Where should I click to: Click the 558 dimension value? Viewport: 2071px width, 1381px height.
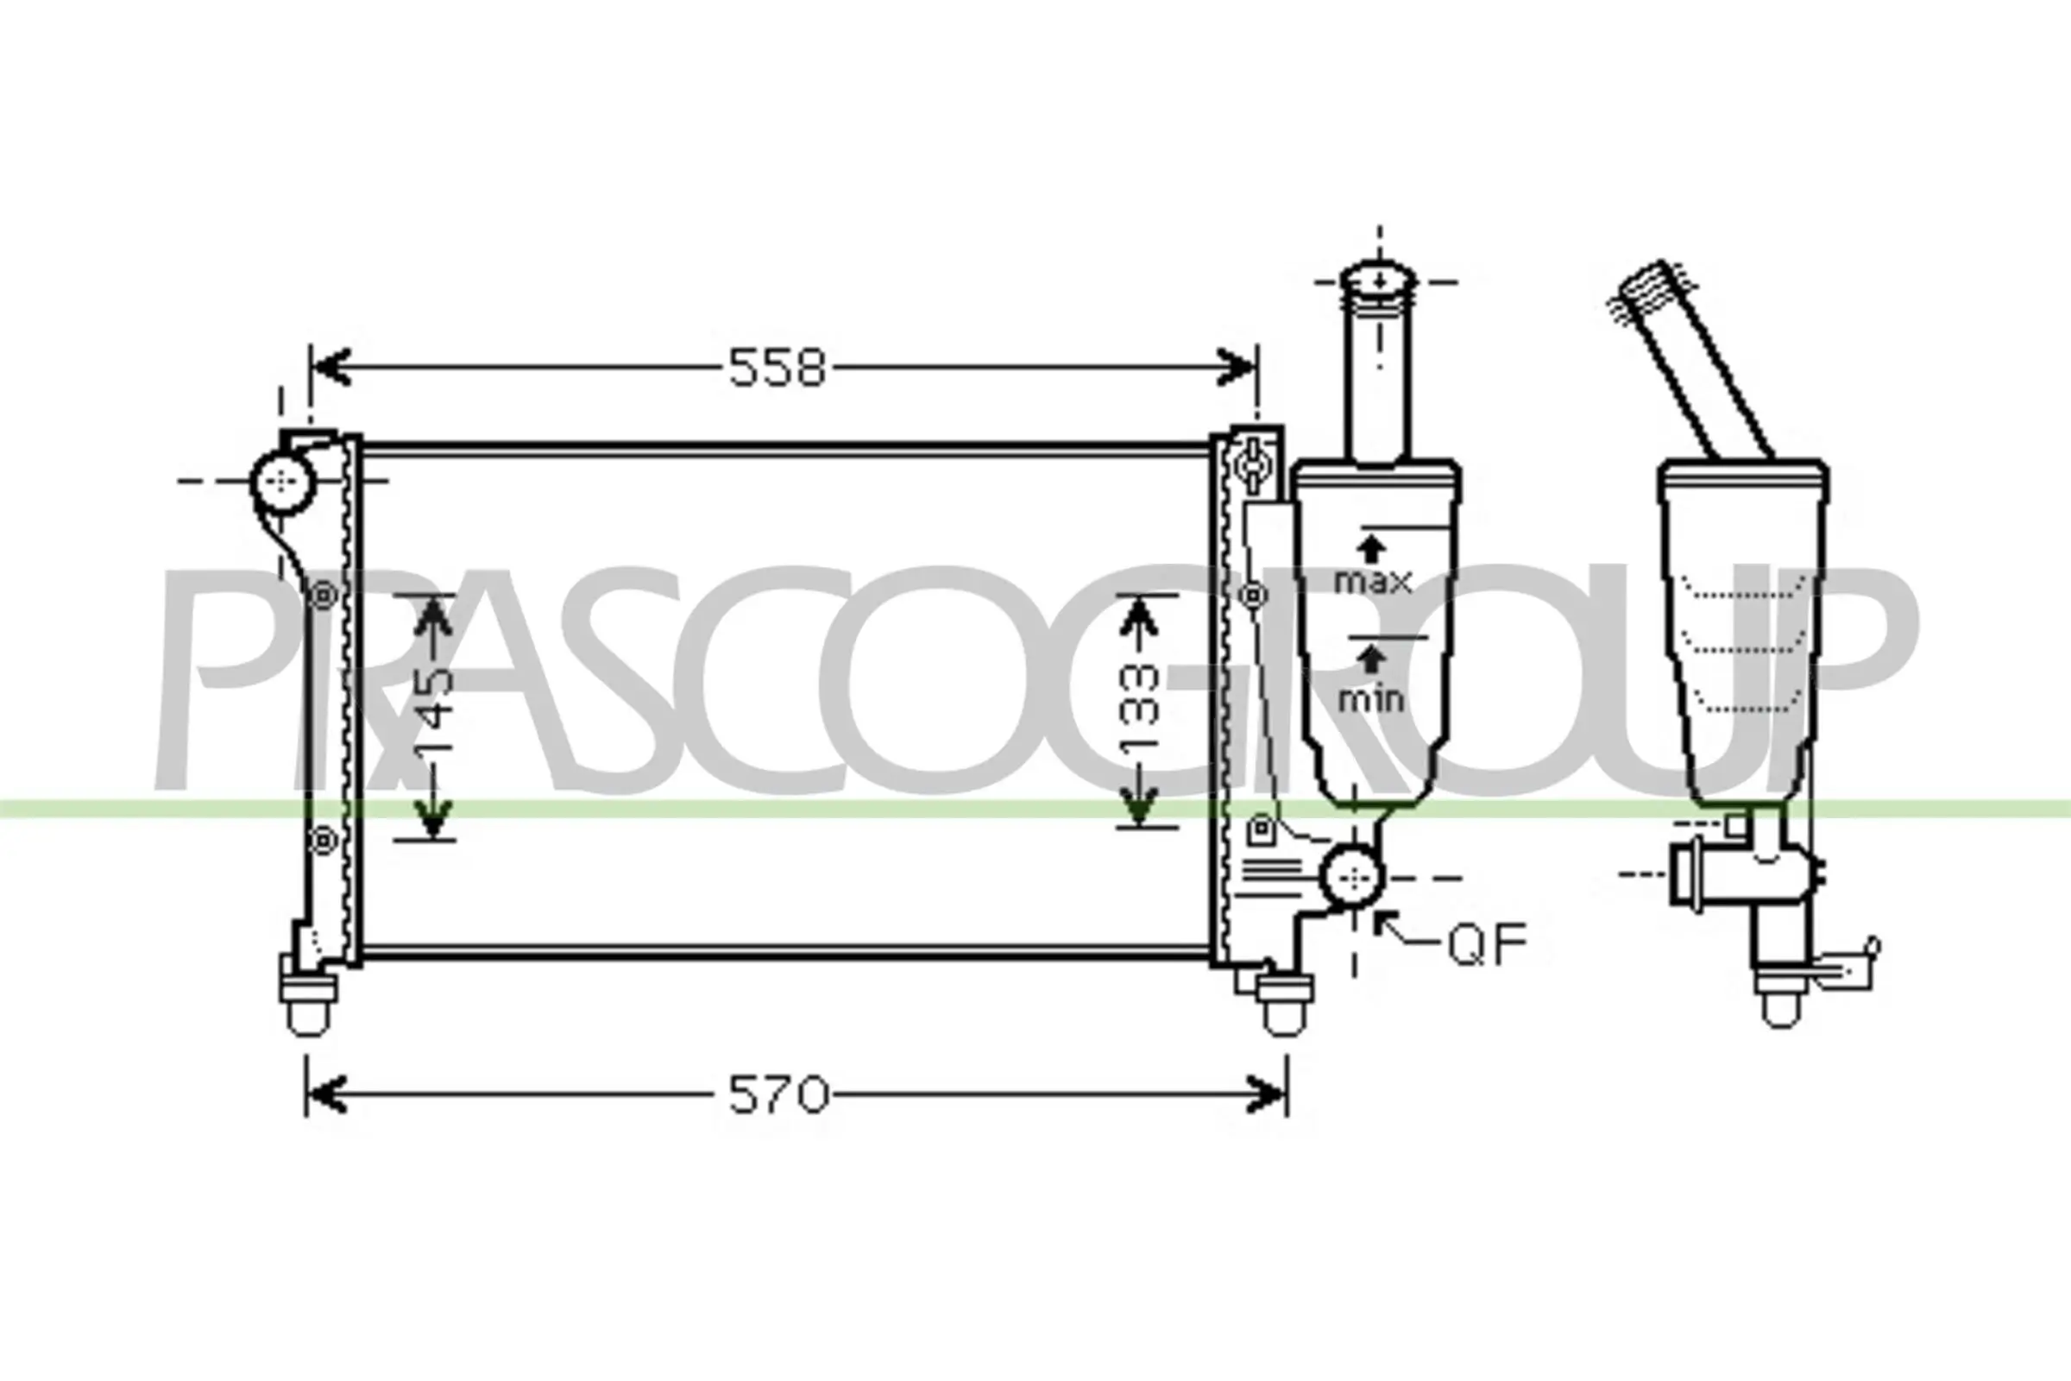click(x=777, y=369)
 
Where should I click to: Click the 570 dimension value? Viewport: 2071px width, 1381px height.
click(x=778, y=1095)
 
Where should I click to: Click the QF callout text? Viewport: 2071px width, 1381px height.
click(x=1487, y=943)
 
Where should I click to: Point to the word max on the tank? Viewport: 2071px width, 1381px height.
click(x=1373, y=581)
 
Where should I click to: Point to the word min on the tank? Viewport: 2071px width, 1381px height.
click(x=1370, y=699)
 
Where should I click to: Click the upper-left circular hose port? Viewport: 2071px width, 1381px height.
click(x=282, y=481)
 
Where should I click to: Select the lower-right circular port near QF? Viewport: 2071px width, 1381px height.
click(x=1352, y=877)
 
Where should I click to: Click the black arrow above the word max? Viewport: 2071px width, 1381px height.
click(x=1370, y=549)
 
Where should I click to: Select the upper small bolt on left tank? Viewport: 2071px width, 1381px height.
click(x=324, y=596)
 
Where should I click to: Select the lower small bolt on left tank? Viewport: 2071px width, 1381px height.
click(x=324, y=840)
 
